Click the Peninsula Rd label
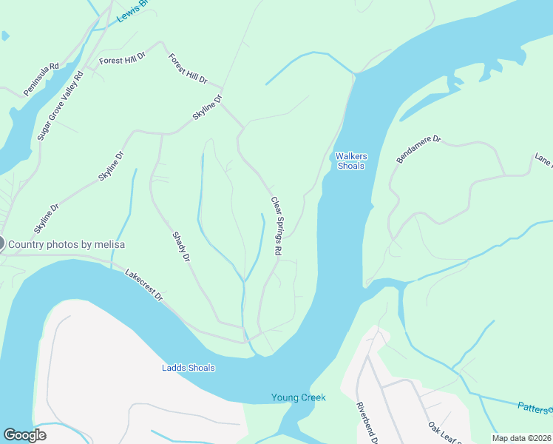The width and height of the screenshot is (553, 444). click(41, 79)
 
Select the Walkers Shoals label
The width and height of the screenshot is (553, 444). click(351, 161)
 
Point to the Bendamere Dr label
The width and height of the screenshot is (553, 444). click(418, 149)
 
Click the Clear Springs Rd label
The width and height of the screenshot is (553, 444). click(276, 226)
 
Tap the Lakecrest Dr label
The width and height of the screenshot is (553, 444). click(143, 284)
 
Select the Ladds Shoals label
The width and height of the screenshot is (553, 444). click(189, 368)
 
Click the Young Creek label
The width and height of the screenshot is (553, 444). click(299, 397)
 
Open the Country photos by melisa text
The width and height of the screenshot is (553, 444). click(67, 244)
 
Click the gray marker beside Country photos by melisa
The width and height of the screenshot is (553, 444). click(1, 243)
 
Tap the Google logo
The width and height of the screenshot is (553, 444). click(24, 435)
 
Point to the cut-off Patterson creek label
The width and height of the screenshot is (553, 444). click(534, 408)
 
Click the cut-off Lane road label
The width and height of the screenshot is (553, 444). click(543, 161)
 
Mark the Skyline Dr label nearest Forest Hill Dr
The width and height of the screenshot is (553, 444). click(208, 109)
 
